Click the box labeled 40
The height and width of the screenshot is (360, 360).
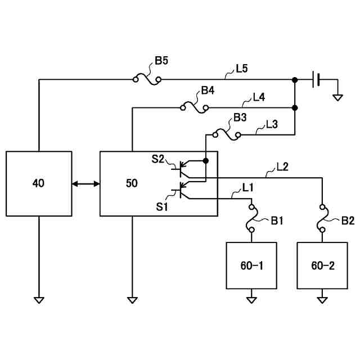click(x=39, y=183)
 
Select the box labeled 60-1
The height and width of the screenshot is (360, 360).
click(x=251, y=265)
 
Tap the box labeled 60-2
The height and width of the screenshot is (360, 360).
click(x=322, y=265)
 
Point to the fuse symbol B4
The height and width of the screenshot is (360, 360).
click(x=194, y=107)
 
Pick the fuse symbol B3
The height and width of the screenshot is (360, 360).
click(x=226, y=134)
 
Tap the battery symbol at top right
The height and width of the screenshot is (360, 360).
click(x=316, y=80)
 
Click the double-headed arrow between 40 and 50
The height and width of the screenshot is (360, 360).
click(x=85, y=183)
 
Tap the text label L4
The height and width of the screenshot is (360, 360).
click(x=259, y=97)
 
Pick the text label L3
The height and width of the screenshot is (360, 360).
click(x=272, y=124)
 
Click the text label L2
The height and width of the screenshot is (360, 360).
click(x=283, y=166)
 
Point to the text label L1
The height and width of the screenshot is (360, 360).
click(x=247, y=186)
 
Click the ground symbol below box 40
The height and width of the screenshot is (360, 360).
click(x=39, y=300)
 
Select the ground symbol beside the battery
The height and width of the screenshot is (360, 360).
click(x=337, y=97)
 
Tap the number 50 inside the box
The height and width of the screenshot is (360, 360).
click(x=130, y=183)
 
